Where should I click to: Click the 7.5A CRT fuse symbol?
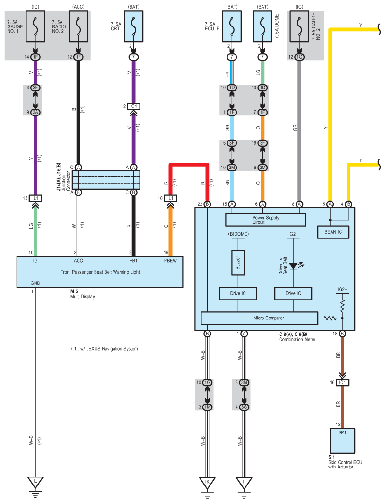[134, 26]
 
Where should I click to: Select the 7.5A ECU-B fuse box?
[232, 26]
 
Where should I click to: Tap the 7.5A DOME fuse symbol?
[262, 26]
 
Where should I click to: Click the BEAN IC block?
[333, 232]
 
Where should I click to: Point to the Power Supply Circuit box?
[265, 220]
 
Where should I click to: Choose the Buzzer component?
[238, 263]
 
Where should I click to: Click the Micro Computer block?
[259, 318]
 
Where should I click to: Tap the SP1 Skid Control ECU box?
[342, 441]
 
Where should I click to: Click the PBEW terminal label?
[170, 261]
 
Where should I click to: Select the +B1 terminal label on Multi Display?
[133, 261]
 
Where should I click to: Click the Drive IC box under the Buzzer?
[238, 293]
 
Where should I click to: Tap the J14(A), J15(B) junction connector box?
[106, 180]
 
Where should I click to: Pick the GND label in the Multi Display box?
[35, 283]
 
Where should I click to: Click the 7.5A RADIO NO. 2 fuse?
[78, 26]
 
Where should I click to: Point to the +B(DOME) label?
[238, 234]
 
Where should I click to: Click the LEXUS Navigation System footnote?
[104, 349]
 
